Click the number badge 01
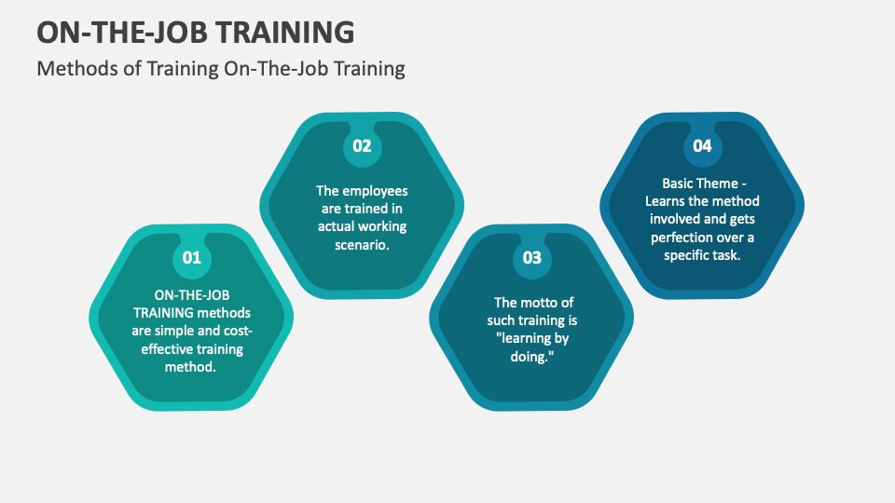pyautogui.click(x=191, y=258)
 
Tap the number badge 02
pyautogui.click(x=362, y=146)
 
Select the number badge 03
pyautogui.click(x=531, y=258)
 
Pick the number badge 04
pyautogui.click(x=702, y=146)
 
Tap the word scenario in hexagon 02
pyautogui.click(x=360, y=244)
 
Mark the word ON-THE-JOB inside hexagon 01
pyautogui.click(x=191, y=295)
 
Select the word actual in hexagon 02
pyautogui.click(x=337, y=226)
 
